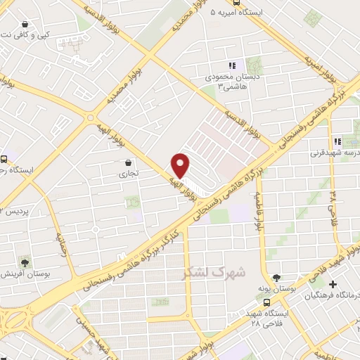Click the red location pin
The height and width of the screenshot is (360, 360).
pos(181,165)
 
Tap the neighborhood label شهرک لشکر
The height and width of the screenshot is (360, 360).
pos(214,271)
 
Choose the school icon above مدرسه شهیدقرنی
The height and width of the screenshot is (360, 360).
pos(338,141)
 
